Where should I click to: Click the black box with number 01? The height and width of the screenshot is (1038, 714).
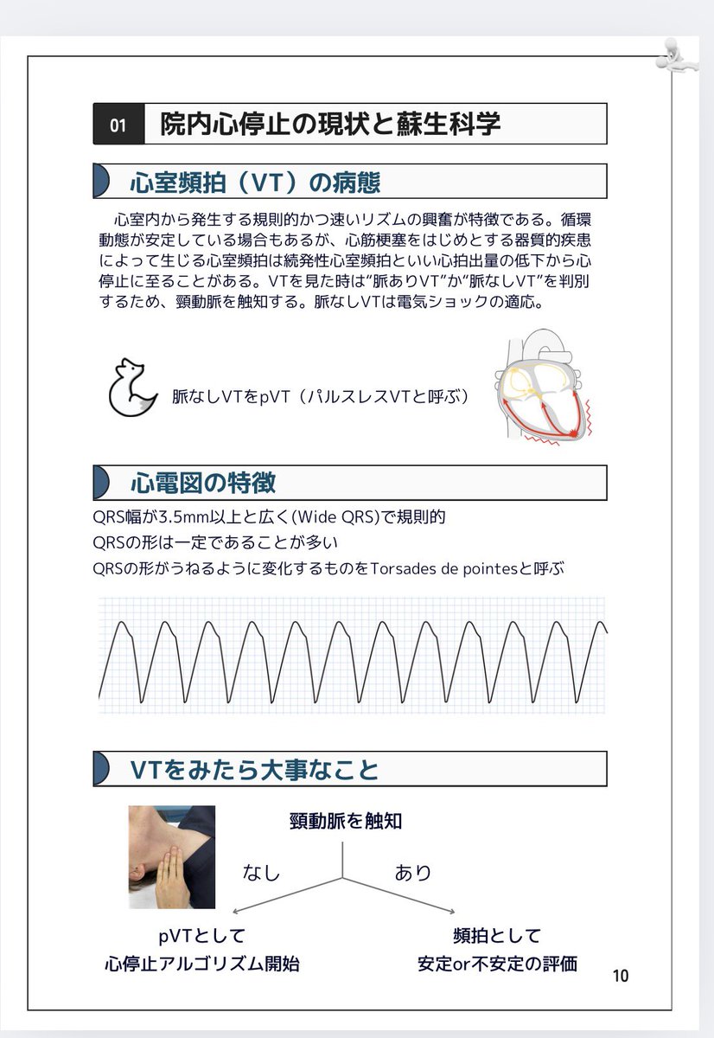pos(118,125)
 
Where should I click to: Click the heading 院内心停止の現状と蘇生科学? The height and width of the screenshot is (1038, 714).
pos(330,125)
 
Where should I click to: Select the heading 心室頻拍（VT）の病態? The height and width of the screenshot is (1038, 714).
pos(255,183)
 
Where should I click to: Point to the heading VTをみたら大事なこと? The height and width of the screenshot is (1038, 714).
pos(254,769)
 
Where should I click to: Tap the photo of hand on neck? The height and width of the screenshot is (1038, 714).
pos(171,856)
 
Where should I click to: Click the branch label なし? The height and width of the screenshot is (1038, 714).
pos(261,873)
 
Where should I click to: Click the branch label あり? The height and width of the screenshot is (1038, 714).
pos(413,873)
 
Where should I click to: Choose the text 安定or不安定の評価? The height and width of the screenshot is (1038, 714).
pos(497,964)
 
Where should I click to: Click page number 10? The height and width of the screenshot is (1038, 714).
pos(620,976)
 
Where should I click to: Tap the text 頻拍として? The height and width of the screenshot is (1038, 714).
pos(497,935)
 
